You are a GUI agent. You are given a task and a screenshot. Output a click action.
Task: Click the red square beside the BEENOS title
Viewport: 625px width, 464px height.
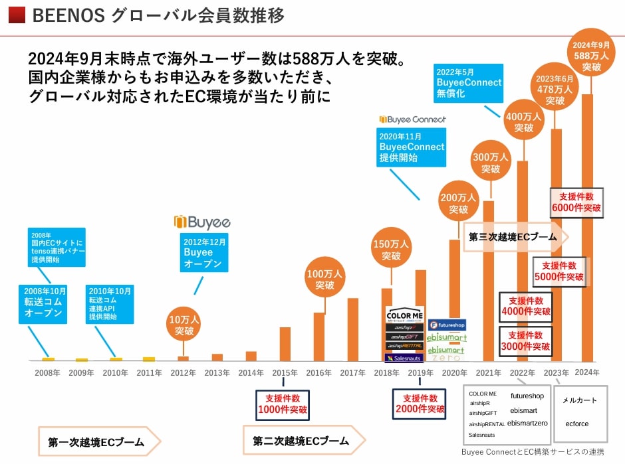point(18,15)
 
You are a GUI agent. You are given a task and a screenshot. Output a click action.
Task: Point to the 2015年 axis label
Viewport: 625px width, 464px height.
point(285,373)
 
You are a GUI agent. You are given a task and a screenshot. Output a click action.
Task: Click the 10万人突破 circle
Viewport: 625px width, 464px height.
point(183,325)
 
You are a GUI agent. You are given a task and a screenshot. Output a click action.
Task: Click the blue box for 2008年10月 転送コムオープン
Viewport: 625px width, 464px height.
point(43,303)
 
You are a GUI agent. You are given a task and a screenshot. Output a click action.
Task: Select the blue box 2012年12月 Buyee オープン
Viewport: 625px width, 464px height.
point(203,252)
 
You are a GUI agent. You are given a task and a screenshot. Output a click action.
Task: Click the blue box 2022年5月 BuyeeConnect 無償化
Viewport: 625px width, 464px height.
point(469,83)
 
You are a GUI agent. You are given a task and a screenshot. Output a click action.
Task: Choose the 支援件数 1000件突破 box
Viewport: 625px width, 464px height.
point(283,404)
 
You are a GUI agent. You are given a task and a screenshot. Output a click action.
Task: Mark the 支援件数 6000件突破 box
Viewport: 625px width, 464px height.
point(576,202)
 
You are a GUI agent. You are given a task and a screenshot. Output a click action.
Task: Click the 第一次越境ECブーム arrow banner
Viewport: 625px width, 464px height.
point(99,441)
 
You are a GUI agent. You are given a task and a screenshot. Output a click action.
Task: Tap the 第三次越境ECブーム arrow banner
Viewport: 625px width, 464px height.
point(516,236)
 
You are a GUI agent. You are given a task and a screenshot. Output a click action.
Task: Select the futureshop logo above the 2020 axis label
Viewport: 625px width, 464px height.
point(447,325)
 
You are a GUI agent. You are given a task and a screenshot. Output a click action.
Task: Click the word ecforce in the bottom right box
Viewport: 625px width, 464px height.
point(576,424)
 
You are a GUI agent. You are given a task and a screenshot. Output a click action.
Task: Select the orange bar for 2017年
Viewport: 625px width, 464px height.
point(352,329)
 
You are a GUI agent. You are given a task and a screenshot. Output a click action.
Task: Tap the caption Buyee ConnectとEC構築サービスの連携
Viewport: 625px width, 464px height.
point(533,452)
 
